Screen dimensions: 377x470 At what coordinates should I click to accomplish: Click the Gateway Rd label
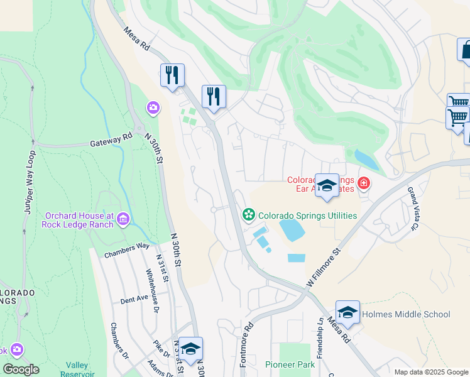point(111,140)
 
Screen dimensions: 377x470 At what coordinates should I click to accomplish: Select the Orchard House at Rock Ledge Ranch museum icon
point(123,219)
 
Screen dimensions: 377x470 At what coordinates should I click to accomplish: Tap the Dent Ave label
point(134,300)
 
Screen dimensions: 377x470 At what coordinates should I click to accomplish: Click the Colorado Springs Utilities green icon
point(249,216)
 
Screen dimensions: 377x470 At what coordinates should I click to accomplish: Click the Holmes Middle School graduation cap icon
point(347,312)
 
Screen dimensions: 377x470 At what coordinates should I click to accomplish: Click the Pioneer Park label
point(289,364)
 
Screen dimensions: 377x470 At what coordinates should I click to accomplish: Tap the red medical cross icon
point(363,183)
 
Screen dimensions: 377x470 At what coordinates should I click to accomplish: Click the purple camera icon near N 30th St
point(153,109)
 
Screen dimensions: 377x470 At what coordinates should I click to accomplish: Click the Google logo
point(21,369)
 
